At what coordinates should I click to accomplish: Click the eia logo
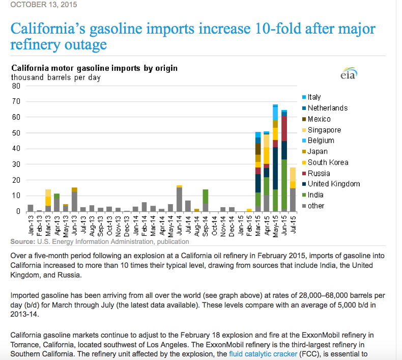click(349, 74)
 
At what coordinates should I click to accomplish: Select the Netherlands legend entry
click(327, 108)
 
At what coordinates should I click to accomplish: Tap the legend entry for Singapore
click(325, 130)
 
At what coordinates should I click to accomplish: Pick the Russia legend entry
click(319, 173)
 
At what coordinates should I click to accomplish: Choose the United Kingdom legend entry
click(333, 184)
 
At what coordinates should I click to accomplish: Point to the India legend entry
click(316, 195)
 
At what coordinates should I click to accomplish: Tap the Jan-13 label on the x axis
click(31, 225)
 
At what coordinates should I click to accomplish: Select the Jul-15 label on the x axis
click(293, 225)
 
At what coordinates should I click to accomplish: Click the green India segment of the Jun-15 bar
click(284, 186)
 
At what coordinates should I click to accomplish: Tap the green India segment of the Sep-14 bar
click(205, 197)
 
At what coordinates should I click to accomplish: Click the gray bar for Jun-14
click(179, 199)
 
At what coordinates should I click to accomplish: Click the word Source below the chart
click(23, 241)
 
